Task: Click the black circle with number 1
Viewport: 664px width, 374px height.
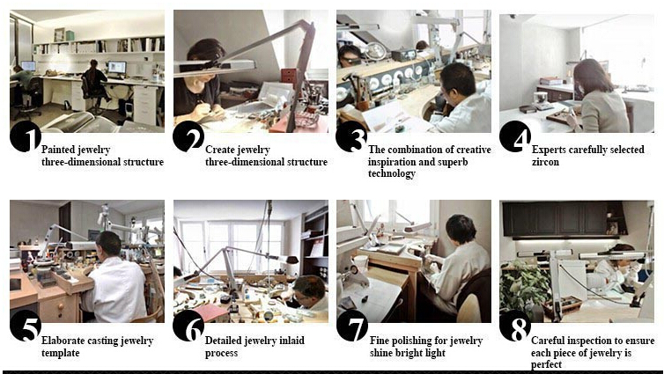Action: (26, 136)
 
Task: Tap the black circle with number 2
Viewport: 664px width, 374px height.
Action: (188, 136)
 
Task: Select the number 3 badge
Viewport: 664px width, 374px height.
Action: (351, 136)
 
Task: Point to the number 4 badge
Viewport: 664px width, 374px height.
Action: (515, 136)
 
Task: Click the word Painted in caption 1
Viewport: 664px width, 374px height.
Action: (57, 150)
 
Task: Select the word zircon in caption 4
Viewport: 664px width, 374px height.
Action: (545, 162)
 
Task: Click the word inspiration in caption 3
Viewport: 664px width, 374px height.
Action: (392, 162)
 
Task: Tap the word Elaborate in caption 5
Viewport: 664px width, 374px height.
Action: (61, 341)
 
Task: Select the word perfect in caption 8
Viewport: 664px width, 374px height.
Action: (546, 364)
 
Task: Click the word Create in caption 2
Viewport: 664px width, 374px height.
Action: (220, 150)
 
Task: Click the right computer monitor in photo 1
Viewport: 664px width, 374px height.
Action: (117, 67)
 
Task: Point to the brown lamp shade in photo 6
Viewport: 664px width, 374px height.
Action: (292, 259)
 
